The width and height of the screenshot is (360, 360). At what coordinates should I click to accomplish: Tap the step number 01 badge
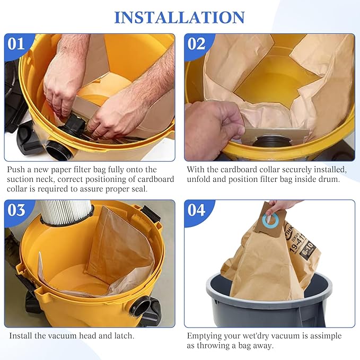click(x=16, y=43)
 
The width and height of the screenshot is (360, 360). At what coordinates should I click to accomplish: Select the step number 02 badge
click(x=196, y=43)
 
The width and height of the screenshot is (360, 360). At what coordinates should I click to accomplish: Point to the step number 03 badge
click(x=16, y=209)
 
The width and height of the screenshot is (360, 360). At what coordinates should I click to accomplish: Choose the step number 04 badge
click(x=196, y=209)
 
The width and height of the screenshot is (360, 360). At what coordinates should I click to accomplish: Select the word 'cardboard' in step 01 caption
click(x=154, y=179)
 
